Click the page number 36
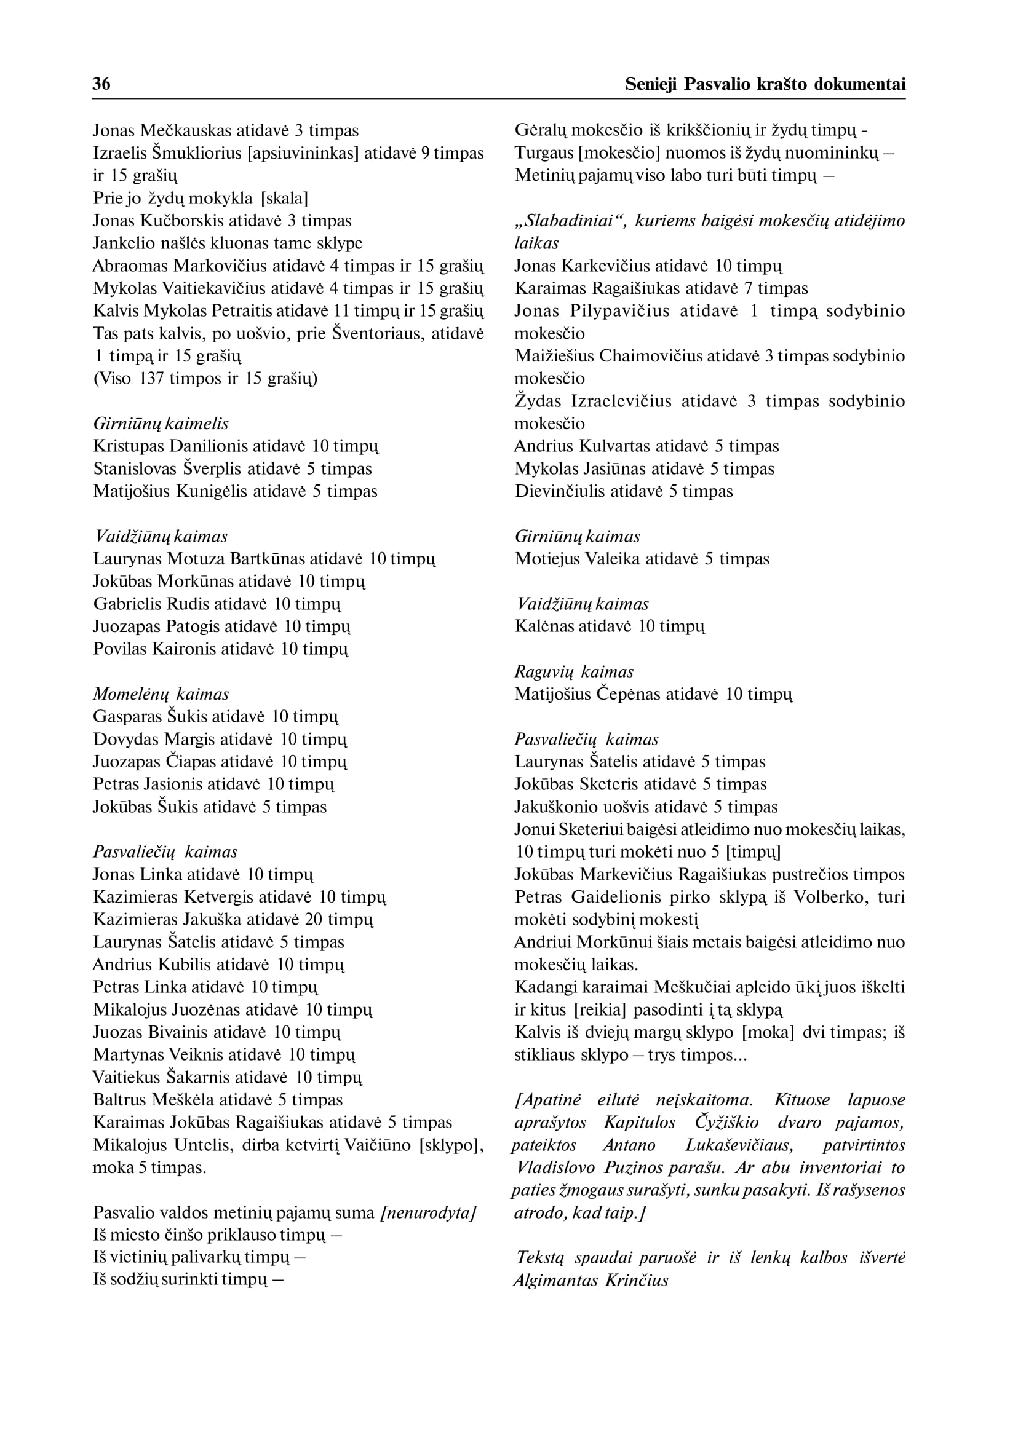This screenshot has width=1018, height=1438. [x=101, y=84]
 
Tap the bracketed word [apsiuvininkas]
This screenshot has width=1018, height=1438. [x=303, y=154]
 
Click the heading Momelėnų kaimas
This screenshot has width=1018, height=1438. [x=161, y=694]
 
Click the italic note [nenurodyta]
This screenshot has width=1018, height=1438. [x=429, y=1213]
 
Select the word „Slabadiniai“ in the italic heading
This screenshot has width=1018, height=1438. [x=570, y=221]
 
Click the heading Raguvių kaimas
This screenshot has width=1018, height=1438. [x=573, y=672]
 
